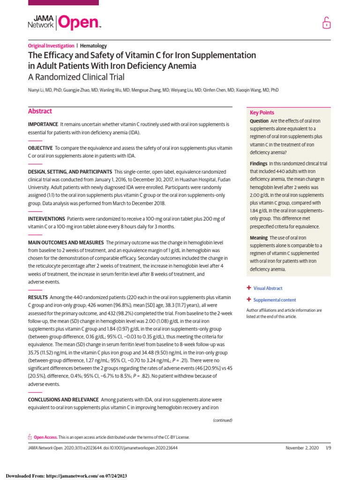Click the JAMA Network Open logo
click(x=65, y=22)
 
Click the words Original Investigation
click(x=51, y=46)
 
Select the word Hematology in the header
click(x=93, y=46)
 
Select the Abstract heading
click(x=40, y=112)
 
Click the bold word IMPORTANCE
click(x=43, y=124)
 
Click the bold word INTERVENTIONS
click(x=46, y=219)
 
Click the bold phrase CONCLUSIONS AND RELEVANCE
click(x=63, y=400)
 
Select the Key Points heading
click(x=262, y=112)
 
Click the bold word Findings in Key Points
click(x=259, y=164)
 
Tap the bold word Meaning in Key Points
click(x=259, y=238)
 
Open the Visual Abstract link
click(x=268, y=288)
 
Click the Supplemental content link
click(x=275, y=300)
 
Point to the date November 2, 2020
click(x=302, y=448)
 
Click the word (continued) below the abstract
click(x=223, y=420)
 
